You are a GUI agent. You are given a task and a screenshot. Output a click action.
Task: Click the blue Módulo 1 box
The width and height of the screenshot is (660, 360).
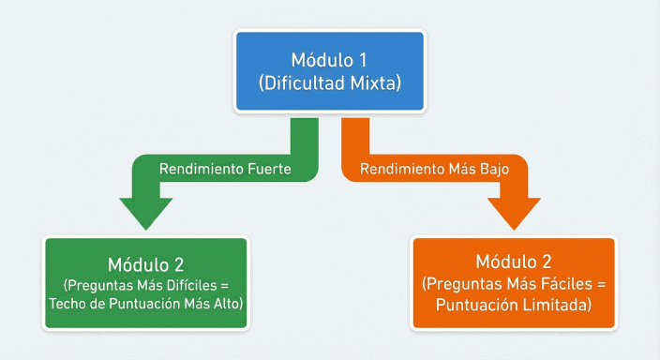(x=329, y=71)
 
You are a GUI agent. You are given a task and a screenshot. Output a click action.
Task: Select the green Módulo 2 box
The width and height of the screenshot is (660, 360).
(x=146, y=282)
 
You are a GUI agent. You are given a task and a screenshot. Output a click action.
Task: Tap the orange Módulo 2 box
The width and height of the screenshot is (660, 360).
(x=514, y=282)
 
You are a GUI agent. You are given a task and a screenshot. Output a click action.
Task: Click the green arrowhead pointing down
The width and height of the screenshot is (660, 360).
(x=146, y=213)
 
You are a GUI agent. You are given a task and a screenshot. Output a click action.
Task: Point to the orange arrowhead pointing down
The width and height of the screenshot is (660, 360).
(x=514, y=213)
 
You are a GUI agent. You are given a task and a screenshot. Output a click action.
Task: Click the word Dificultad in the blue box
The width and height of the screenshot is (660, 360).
(x=300, y=83)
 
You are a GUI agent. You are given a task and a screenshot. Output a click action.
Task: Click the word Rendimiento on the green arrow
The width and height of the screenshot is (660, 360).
(x=200, y=170)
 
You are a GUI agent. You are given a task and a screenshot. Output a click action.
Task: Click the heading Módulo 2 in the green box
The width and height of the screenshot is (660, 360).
(x=146, y=262)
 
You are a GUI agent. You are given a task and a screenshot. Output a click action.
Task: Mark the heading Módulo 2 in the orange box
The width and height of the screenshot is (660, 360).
(x=514, y=261)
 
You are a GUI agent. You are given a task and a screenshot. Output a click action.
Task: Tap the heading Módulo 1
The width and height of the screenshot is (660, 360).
(x=329, y=59)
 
